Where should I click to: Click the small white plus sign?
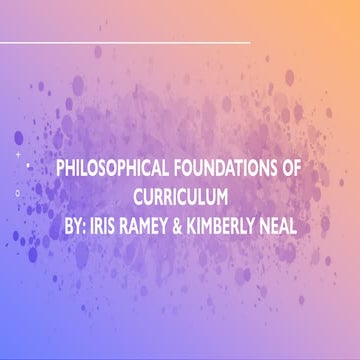[x=18, y=156]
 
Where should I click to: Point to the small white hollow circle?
[x=18, y=191]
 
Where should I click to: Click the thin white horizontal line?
[x=125, y=43]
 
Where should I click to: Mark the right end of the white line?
[x=249, y=43]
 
